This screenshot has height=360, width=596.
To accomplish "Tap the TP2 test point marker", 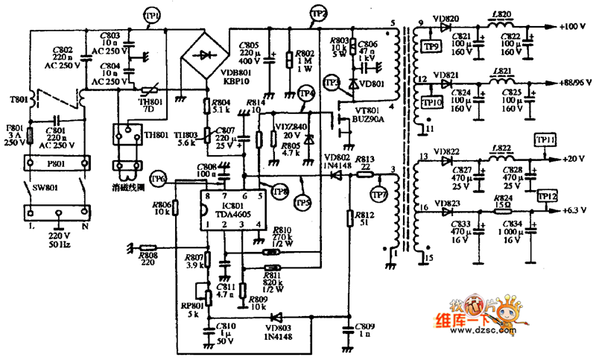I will click(318, 14).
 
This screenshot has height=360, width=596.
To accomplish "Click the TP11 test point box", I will click(545, 139).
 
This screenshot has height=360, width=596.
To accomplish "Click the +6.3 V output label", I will click(574, 210).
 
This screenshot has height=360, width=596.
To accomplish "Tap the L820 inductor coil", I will click(503, 26).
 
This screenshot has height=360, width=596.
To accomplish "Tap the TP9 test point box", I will click(430, 47).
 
